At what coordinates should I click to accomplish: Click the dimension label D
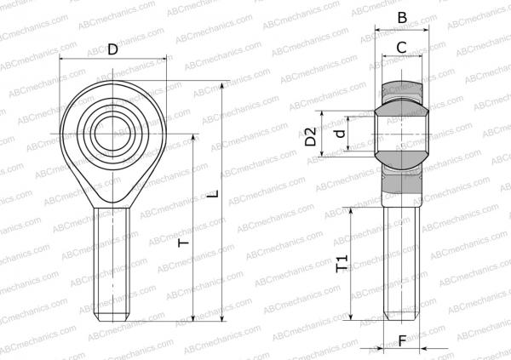coord(113,49)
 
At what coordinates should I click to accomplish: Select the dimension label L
coord(214,193)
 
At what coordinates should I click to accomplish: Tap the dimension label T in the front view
coord(183,243)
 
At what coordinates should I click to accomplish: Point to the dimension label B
coord(402,17)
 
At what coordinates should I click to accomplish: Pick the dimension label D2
coord(311,135)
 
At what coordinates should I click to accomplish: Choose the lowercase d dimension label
coord(340,134)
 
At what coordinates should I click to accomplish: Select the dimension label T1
coord(342,266)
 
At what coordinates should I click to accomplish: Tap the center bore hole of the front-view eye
coord(113,134)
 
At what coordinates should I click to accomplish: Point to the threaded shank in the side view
coord(401,264)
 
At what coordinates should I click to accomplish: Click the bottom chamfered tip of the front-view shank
coord(113,317)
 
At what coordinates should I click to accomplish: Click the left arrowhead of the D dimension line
coord(64,59)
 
